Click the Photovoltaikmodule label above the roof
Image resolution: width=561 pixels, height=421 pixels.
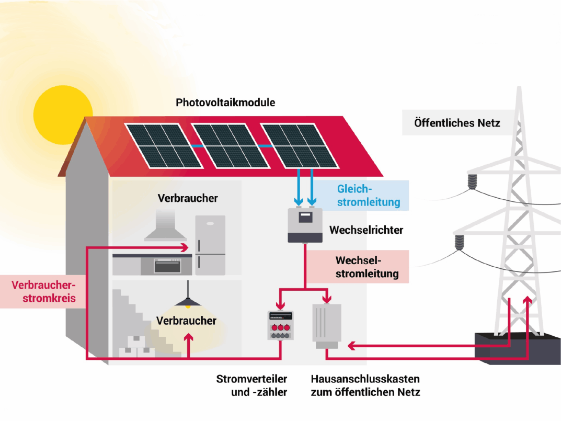click(225, 103)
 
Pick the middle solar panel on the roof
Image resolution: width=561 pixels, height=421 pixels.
click(228, 146)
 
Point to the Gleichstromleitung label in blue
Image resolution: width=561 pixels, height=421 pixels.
click(369, 195)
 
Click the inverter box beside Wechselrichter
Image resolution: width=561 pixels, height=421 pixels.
click(304, 225)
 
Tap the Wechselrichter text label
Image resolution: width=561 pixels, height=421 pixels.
click(366, 230)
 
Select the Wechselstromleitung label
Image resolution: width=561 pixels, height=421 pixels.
click(367, 267)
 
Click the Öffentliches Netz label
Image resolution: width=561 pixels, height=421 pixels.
click(457, 123)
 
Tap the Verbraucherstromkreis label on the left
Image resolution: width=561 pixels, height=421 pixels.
click(43, 292)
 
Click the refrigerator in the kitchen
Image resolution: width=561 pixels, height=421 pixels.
click(210, 245)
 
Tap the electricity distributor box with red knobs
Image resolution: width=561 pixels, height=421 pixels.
click(280, 325)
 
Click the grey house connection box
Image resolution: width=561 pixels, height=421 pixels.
click(327, 325)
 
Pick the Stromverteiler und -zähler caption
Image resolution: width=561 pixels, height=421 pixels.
click(251, 385)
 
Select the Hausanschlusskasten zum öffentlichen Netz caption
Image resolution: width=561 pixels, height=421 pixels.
click(365, 385)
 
